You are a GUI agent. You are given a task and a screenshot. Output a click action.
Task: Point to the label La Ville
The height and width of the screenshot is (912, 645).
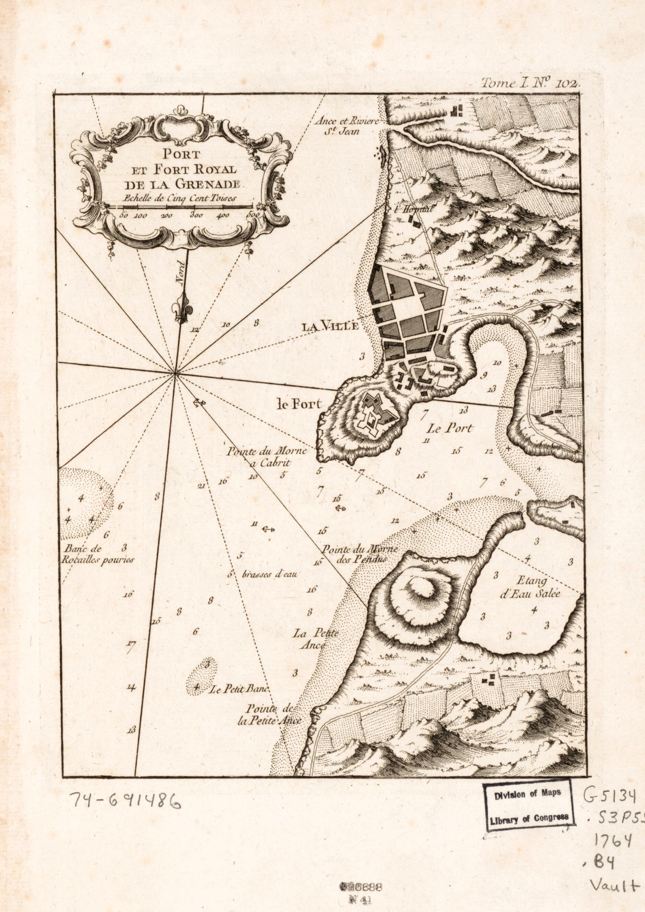click(330, 327)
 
